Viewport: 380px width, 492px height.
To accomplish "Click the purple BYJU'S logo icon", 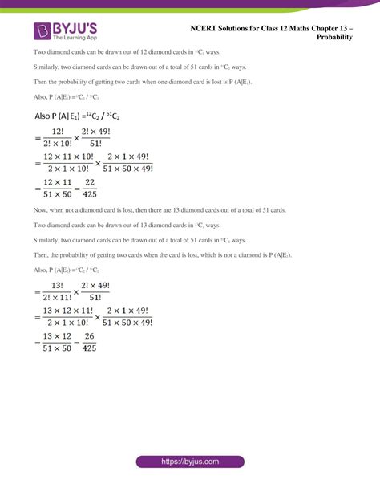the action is click(42, 31).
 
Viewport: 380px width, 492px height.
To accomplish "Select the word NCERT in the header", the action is click(206, 26).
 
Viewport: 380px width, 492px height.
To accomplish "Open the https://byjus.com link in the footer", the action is click(189, 462).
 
